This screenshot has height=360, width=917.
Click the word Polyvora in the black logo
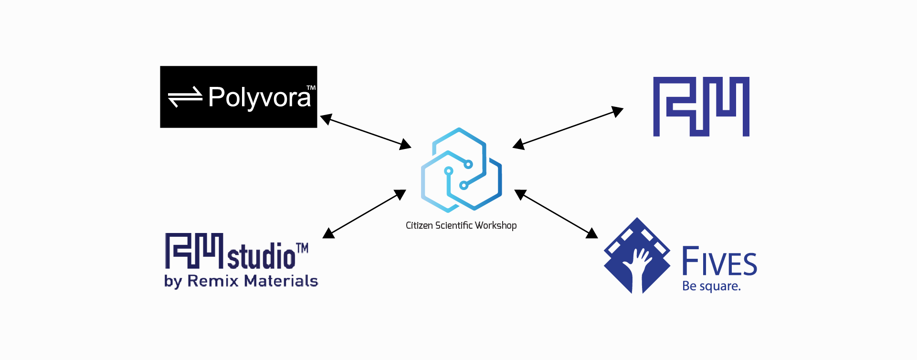(259, 98)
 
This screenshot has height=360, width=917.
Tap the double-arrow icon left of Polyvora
(185, 97)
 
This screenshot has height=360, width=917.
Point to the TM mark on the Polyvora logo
(311, 88)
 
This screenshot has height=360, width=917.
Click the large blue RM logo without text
(701, 106)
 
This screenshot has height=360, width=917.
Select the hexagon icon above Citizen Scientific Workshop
(461, 169)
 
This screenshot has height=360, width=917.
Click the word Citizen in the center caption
(419, 225)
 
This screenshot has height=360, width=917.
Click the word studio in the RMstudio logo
(261, 256)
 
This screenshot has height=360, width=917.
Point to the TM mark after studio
(302, 248)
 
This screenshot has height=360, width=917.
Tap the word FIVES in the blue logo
(719, 262)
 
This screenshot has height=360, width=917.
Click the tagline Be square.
(711, 286)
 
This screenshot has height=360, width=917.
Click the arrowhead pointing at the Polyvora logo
(326, 119)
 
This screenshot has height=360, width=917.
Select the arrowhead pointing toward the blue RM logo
(618, 112)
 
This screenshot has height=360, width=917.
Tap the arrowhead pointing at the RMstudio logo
(329, 233)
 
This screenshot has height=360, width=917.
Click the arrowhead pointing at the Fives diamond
(592, 233)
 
